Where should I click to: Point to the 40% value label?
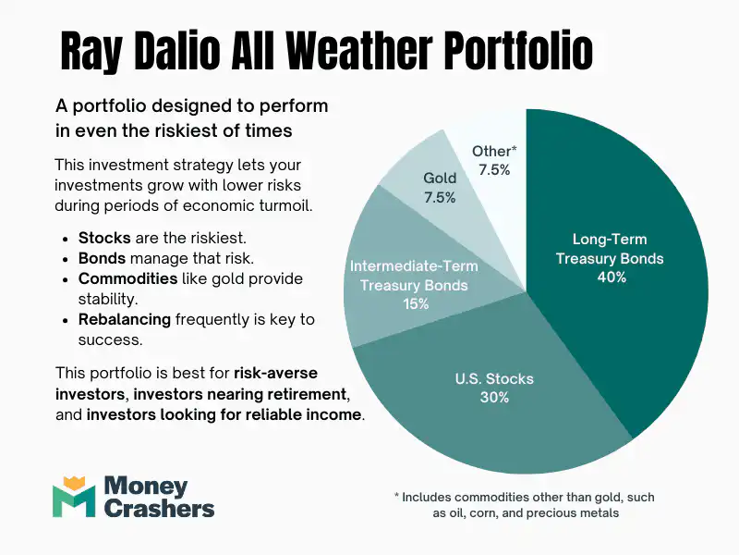(610, 277)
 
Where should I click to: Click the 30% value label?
(494, 397)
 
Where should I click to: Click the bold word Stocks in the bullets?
(104, 238)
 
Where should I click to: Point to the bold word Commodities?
(127, 278)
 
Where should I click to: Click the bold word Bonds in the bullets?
(103, 258)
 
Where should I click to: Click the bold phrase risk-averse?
(276, 374)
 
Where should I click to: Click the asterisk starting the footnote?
(397, 498)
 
